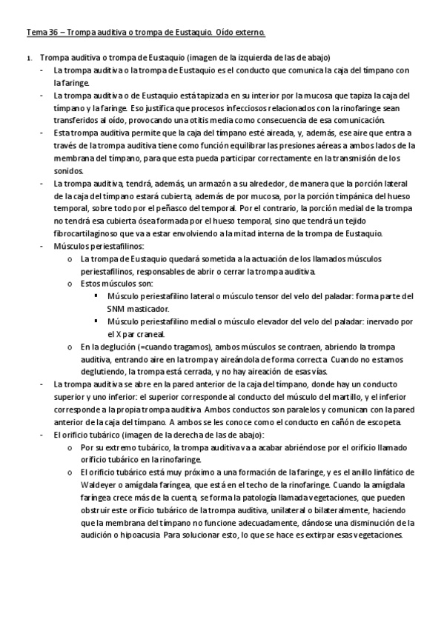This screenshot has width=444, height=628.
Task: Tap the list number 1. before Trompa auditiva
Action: pyautogui.click(x=28, y=58)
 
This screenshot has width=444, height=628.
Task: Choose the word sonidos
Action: pyautogui.click(x=67, y=170)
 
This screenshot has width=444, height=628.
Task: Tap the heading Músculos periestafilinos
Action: pyautogui.click(x=99, y=246)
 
